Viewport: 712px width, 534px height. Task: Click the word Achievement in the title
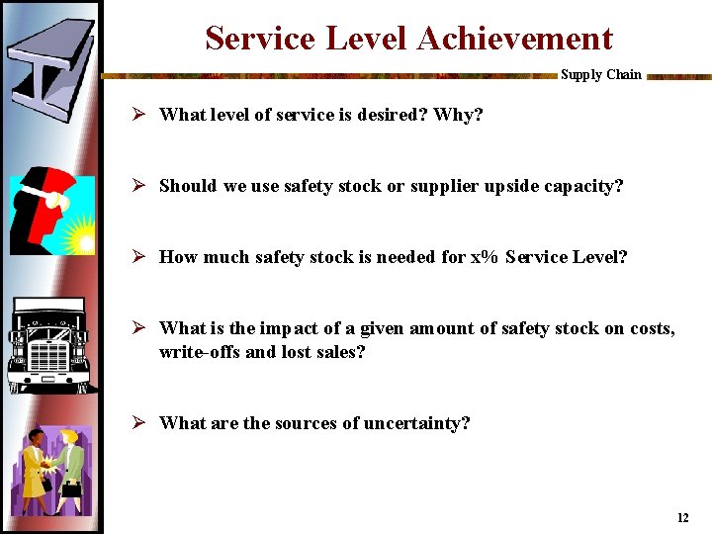pos(514,39)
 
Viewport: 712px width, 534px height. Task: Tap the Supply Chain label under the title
pos(600,75)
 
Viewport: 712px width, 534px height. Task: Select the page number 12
pos(682,518)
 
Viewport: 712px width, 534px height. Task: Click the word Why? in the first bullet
pos(459,115)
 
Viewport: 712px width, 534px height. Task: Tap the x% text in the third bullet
pos(484,257)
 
